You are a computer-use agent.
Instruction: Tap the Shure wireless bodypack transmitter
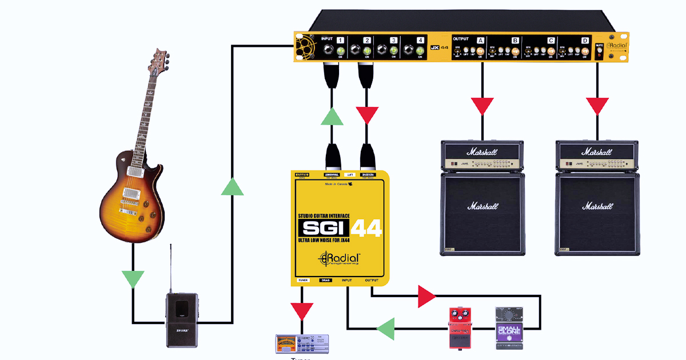click(x=182, y=319)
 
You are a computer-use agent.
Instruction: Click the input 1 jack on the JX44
click(x=329, y=50)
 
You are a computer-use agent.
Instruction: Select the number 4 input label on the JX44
click(x=421, y=41)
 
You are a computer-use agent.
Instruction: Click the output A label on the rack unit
click(x=480, y=41)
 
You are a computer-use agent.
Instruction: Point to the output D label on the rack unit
click(x=585, y=41)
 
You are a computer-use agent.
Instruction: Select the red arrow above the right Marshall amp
click(x=597, y=106)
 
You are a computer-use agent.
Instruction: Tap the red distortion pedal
click(x=461, y=327)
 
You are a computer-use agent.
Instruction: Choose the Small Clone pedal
click(x=509, y=328)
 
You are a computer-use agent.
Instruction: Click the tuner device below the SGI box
click(x=302, y=343)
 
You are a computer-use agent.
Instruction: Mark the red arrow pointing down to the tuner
click(x=302, y=311)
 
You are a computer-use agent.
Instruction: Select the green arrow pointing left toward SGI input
click(x=386, y=329)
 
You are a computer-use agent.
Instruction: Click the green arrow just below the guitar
click(x=133, y=279)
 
